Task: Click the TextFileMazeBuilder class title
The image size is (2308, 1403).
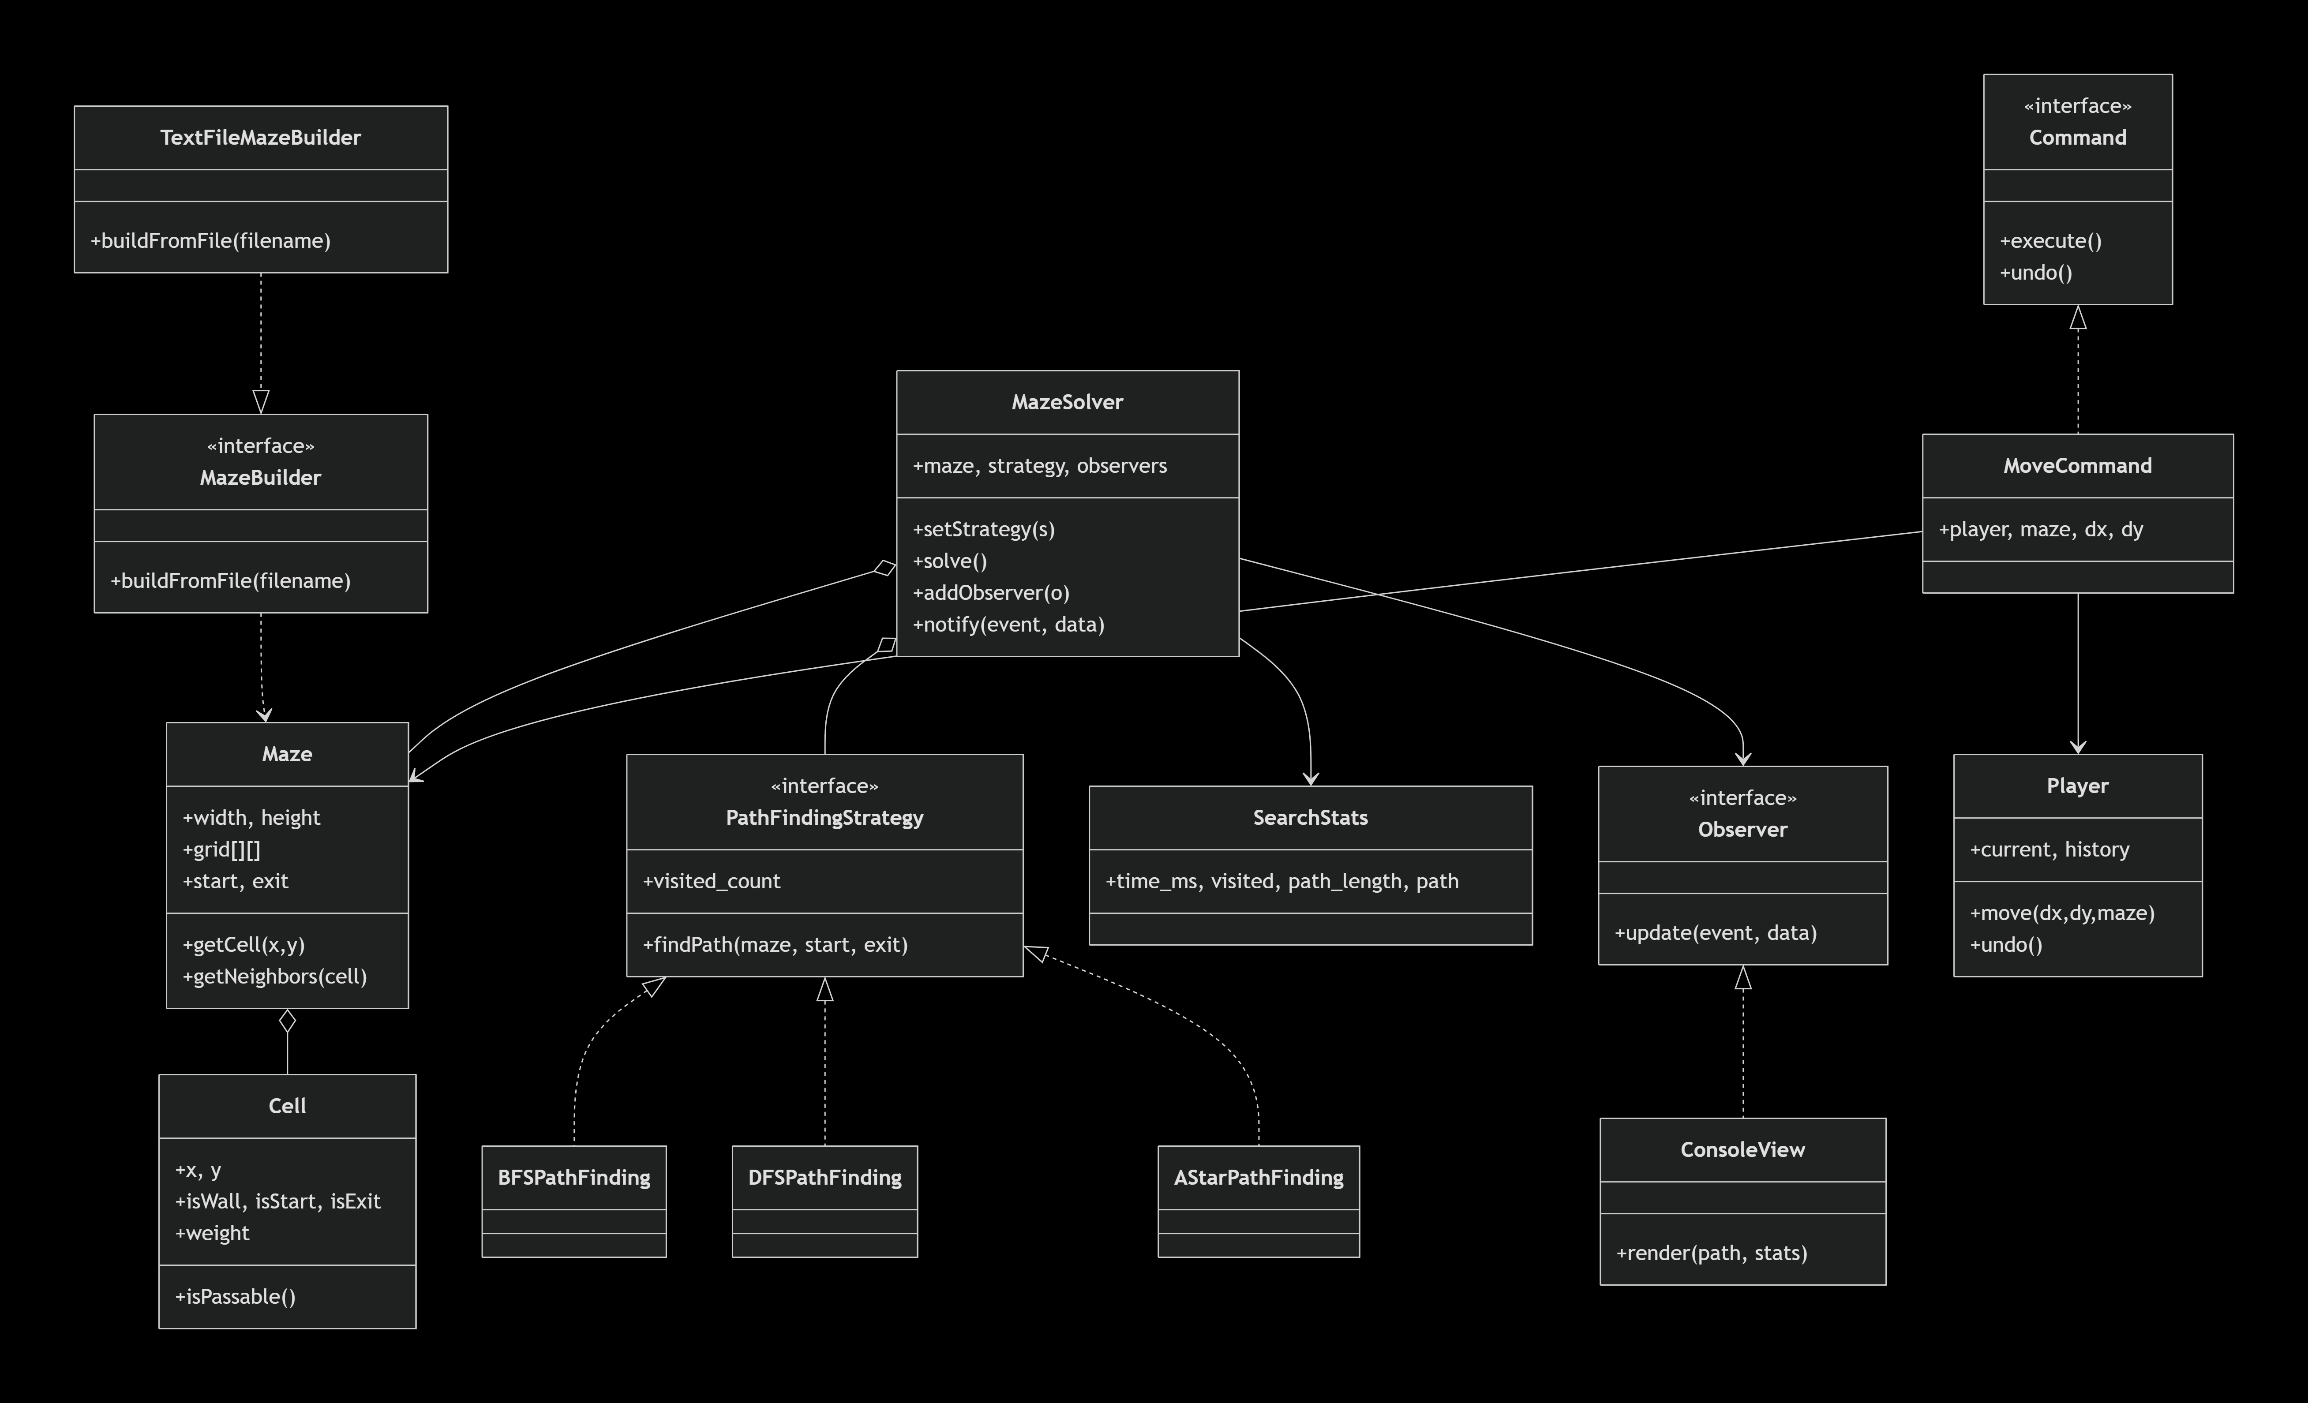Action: tap(260, 138)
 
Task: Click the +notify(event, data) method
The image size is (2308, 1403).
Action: tap(1009, 625)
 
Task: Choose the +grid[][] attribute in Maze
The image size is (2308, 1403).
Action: tap(222, 849)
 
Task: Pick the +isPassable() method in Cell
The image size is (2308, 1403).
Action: tap(235, 1296)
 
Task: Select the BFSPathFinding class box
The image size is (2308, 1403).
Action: tap(574, 1201)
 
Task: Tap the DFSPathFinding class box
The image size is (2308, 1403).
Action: tap(824, 1201)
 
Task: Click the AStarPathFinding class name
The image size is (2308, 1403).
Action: tap(1259, 1177)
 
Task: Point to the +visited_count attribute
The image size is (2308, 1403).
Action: tap(711, 881)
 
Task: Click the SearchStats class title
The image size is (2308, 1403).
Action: tap(1311, 818)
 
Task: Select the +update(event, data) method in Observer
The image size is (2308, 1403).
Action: tap(1715, 933)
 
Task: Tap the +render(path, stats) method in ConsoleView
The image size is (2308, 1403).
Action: tap(1711, 1253)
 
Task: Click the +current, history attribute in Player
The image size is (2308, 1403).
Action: tap(2049, 849)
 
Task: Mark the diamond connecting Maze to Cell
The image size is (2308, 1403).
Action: tap(288, 1021)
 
